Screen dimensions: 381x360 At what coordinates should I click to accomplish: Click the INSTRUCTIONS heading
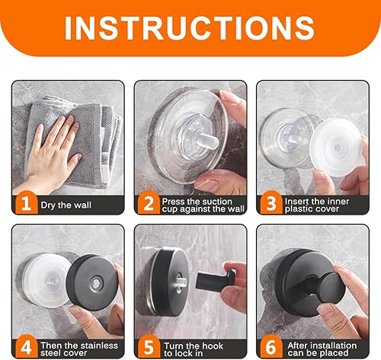tap(190, 27)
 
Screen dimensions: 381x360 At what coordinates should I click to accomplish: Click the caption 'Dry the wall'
tap(66, 205)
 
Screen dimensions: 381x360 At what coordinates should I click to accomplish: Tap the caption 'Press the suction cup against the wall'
tap(203, 205)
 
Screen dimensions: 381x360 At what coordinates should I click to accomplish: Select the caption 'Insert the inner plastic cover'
tap(317, 205)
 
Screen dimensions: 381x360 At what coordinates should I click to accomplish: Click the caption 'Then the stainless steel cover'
tap(79, 349)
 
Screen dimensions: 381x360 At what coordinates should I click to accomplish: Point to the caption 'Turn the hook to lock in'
tap(194, 349)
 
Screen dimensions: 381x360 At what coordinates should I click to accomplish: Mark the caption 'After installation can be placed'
tap(322, 349)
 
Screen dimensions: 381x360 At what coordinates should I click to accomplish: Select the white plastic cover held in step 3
tap(335, 148)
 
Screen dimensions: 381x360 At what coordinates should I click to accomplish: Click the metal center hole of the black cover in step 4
tap(97, 283)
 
